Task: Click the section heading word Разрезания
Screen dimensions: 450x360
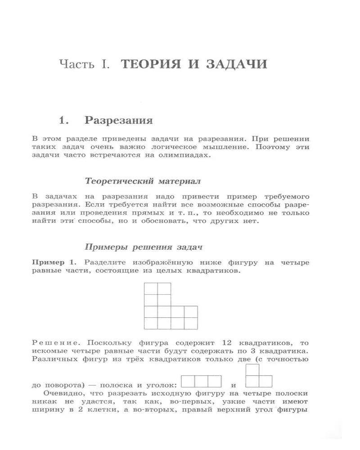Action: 119,121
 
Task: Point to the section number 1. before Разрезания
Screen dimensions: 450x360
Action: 64,121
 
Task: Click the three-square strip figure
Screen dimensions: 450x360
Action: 202,382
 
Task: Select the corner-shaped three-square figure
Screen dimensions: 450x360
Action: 259,377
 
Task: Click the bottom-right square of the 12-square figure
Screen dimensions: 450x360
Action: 191,323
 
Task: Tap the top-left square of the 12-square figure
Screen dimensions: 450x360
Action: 151,288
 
